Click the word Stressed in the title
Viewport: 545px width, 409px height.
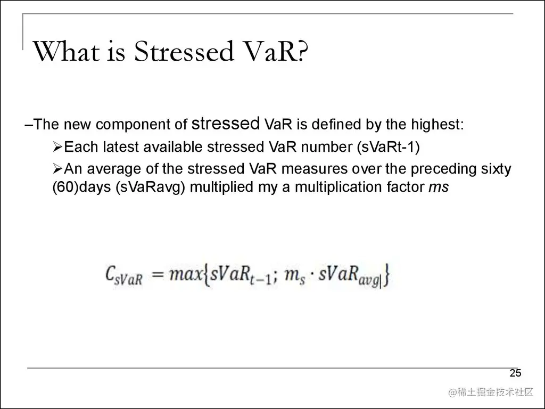tap(184, 52)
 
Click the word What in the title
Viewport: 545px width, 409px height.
tap(66, 52)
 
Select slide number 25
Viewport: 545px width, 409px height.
tap(515, 373)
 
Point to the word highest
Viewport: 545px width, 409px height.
tap(437, 124)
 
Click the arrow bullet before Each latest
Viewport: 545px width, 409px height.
tap(57, 147)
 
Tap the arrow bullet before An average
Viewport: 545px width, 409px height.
tap(57, 169)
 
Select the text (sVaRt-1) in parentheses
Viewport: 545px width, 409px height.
tap(389, 147)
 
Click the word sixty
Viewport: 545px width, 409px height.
tap(496, 169)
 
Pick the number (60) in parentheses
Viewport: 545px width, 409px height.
tap(65, 187)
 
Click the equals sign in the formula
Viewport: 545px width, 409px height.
tap(158, 275)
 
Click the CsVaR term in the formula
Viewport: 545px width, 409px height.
tap(123, 275)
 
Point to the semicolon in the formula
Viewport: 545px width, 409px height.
tap(275, 277)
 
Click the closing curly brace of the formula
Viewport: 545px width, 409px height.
tap(386, 275)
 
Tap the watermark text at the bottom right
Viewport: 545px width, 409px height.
tap(491, 392)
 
